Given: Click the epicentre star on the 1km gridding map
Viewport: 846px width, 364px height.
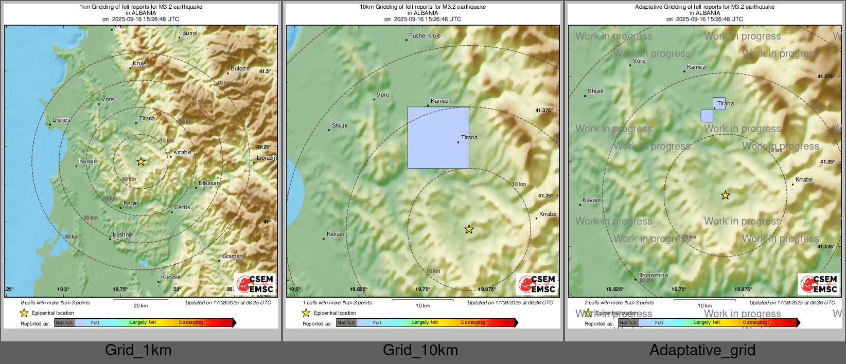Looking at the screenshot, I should point(140,161).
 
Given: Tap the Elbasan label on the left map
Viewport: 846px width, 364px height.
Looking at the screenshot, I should point(209,183).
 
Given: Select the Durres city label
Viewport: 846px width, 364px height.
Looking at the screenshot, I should point(61,120).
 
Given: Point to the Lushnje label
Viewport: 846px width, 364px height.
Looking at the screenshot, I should point(122,234).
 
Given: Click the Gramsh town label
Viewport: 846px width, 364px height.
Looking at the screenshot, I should point(232,256).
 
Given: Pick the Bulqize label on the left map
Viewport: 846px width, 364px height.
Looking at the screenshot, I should point(240,68).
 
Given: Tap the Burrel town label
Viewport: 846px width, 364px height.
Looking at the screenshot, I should point(189,33).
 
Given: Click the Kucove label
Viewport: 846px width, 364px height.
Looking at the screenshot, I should point(171,277).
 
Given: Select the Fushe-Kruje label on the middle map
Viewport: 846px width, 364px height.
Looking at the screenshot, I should point(425,35).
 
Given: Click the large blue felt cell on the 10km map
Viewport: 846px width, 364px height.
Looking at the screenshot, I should point(438,137).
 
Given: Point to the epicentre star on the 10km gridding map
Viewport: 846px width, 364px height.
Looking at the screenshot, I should point(469,229).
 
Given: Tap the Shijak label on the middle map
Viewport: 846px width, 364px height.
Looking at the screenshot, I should point(340,125).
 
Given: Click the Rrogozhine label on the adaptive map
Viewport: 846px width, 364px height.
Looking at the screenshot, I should point(653,275).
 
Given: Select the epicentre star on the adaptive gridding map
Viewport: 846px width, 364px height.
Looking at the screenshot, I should point(725,195).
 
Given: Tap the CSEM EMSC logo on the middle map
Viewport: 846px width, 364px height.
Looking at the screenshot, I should point(537,284).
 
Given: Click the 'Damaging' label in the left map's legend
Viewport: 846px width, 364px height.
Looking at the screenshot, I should point(191,322).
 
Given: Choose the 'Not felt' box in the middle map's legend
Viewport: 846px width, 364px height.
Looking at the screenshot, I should point(346,323).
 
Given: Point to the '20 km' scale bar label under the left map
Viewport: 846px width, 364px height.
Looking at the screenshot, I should point(140,305).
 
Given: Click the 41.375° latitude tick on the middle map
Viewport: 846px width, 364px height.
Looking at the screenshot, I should point(544,111).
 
